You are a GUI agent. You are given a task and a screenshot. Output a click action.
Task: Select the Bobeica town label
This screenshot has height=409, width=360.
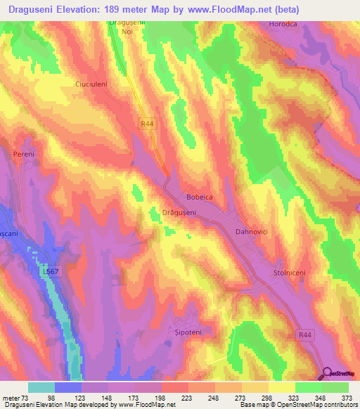[199, 197]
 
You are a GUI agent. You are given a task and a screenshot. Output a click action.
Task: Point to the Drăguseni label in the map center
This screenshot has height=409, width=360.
[168, 212]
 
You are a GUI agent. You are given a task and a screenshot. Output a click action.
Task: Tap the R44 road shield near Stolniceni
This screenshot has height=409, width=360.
[304, 335]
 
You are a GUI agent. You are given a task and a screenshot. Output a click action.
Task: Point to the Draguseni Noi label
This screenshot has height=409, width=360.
[127, 27]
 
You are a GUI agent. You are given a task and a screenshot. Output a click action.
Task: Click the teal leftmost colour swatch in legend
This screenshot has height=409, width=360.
[41, 387]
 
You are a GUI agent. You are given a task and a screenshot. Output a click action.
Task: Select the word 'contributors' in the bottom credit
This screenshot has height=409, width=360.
[338, 405]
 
